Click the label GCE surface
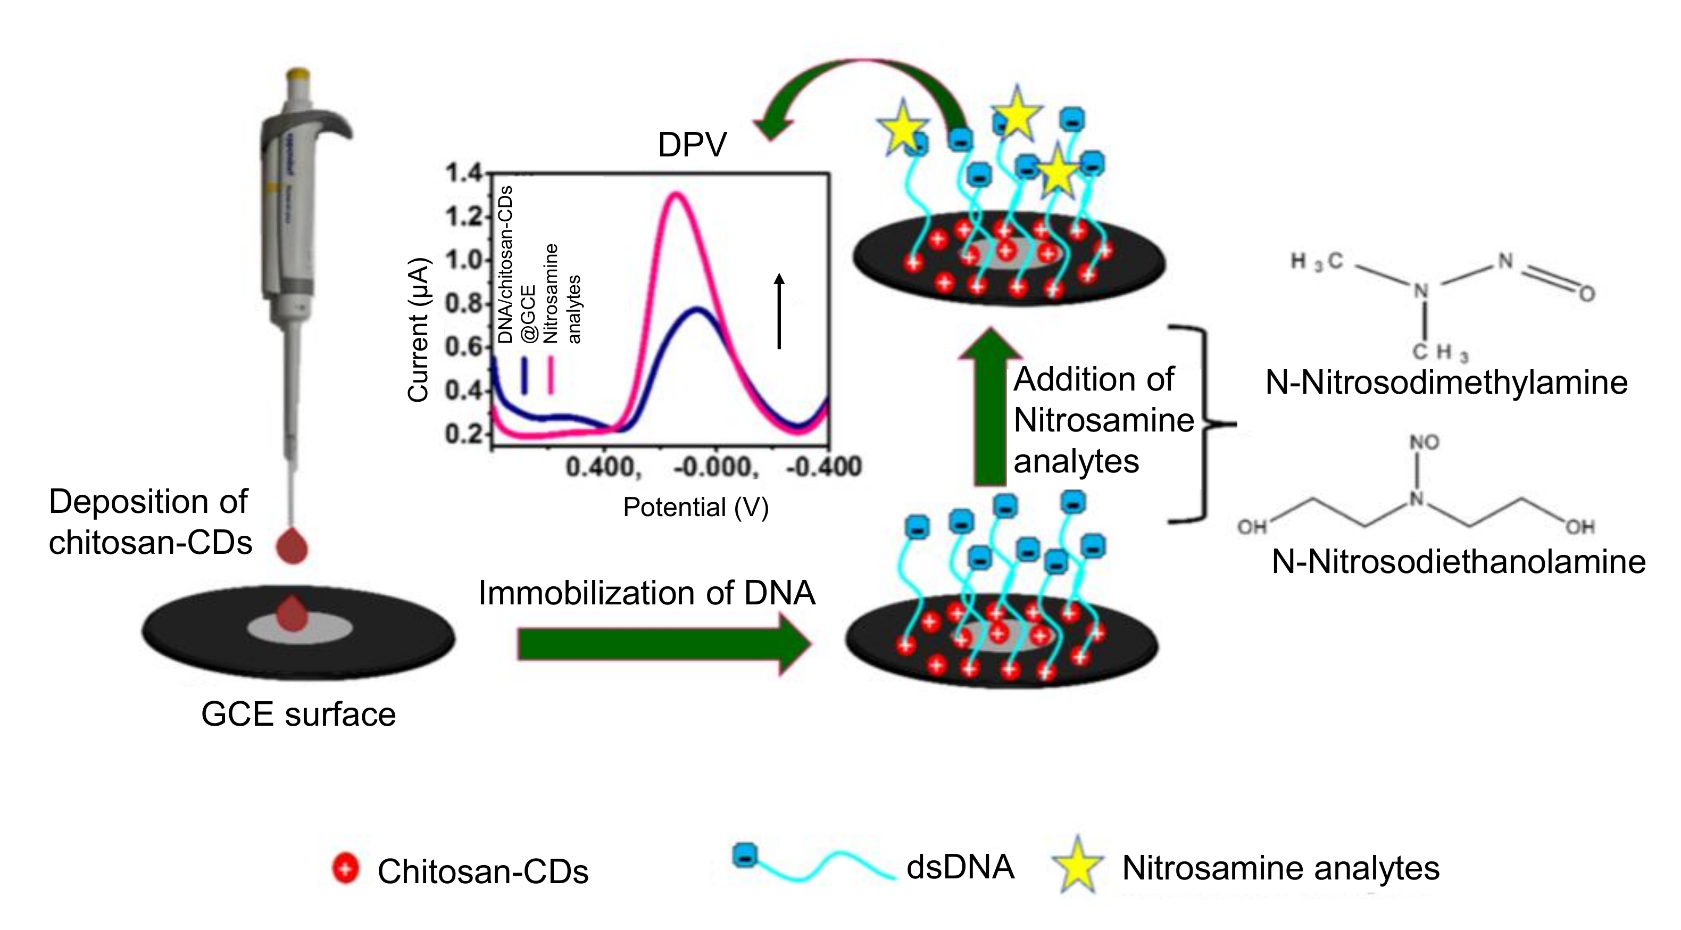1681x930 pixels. click(x=298, y=715)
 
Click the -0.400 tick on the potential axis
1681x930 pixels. click(x=823, y=467)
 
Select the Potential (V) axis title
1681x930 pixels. click(x=696, y=507)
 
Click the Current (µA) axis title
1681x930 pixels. click(x=418, y=329)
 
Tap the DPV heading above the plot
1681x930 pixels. click(x=692, y=145)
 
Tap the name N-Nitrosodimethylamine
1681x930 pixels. click(x=1446, y=383)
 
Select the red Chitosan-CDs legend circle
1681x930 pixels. click(x=345, y=869)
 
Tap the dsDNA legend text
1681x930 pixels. click(x=960, y=867)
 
